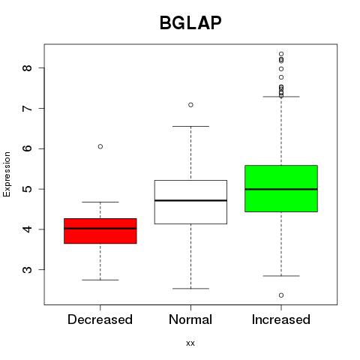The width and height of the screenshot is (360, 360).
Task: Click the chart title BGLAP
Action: [190, 22]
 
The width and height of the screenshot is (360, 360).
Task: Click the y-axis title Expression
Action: [7, 174]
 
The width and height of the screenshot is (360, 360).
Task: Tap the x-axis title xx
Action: [190, 343]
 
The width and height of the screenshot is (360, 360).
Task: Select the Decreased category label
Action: [100, 319]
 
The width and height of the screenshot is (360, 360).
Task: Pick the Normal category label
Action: [190, 319]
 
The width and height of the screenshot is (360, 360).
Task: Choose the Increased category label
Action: [281, 319]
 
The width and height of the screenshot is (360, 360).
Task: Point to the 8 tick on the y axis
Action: [27, 67]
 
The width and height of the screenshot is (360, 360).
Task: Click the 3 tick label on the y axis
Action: [27, 269]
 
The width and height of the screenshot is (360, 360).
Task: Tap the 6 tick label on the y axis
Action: [27, 148]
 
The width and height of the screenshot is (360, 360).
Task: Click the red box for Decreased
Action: [100, 231]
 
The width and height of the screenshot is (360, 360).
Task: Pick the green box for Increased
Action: [281, 188]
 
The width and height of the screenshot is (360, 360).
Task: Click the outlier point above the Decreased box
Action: [100, 146]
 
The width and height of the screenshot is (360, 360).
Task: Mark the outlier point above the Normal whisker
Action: [190, 105]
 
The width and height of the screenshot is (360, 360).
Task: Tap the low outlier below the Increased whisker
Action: [281, 295]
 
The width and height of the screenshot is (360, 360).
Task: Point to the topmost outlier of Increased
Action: [281, 54]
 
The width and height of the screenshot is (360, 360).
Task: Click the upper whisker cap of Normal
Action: [190, 126]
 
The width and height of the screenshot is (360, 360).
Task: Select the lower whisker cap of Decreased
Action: [100, 280]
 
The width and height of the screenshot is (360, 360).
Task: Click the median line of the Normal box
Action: [190, 200]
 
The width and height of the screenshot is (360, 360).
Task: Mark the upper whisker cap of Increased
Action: [281, 97]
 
